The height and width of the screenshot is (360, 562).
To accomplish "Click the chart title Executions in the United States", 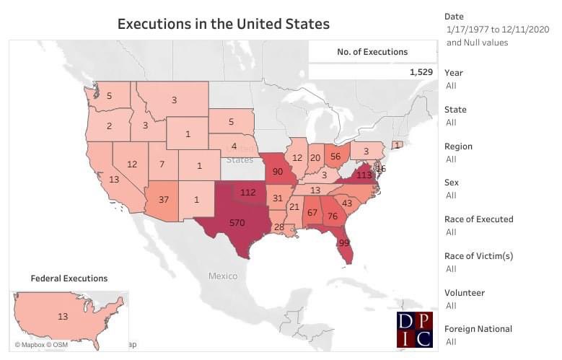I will [223, 24].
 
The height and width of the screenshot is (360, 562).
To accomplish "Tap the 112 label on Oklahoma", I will [248, 193].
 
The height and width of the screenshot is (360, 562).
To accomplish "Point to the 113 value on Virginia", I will [364, 174].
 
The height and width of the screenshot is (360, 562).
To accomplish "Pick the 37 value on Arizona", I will [163, 200].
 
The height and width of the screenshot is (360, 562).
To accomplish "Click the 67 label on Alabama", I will [312, 212].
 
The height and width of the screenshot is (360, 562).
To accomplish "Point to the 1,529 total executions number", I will [420, 72].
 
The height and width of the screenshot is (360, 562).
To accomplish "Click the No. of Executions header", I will [372, 52].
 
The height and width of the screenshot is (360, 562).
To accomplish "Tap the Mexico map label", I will [223, 276].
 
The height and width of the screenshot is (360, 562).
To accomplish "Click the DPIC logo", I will [415, 330].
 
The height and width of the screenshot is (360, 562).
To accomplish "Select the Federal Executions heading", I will [69, 278].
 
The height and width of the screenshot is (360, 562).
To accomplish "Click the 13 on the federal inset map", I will [63, 315].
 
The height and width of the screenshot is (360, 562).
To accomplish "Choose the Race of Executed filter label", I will [478, 219].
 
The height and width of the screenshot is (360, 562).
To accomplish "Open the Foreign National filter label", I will [478, 329].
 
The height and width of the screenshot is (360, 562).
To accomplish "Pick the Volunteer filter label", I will [465, 293].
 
